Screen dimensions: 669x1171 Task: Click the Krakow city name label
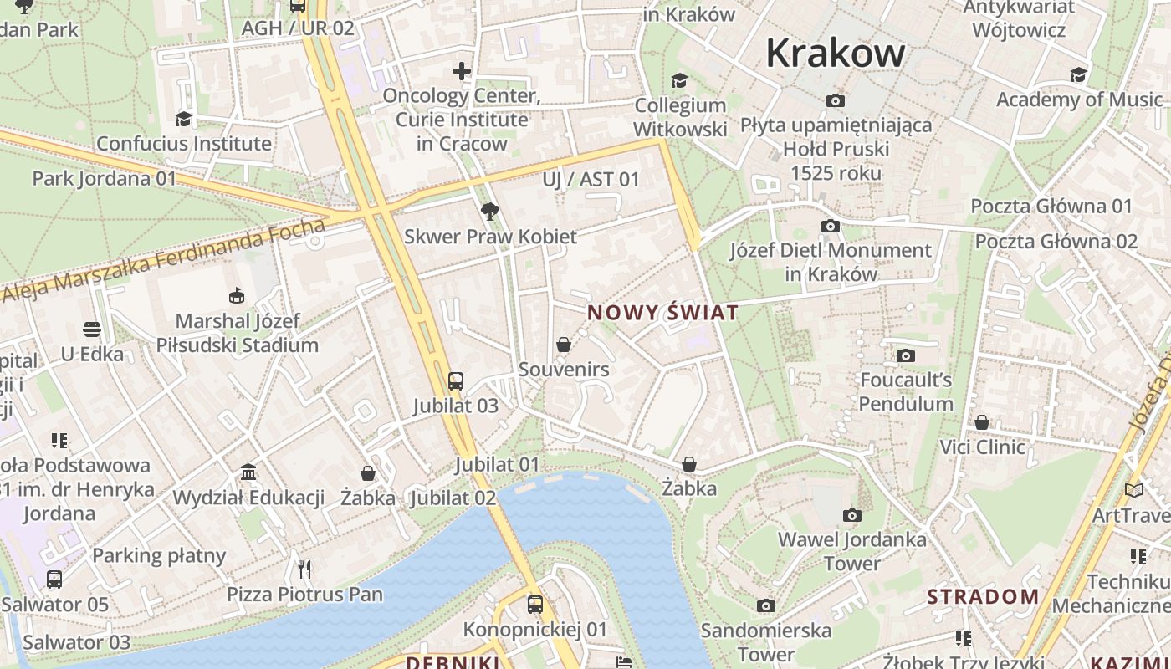click(x=835, y=54)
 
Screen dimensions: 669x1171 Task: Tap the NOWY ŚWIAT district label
click(x=662, y=313)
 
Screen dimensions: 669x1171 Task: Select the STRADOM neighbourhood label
click(x=983, y=597)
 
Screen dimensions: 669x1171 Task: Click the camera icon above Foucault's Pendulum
click(x=905, y=356)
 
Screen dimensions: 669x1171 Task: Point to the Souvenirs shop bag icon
click(x=564, y=345)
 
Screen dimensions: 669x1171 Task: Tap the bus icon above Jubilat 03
click(x=455, y=381)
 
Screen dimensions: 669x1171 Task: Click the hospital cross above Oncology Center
click(x=462, y=71)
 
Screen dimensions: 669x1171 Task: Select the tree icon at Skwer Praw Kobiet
click(x=490, y=212)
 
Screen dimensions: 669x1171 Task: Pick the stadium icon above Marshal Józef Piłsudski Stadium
click(x=237, y=295)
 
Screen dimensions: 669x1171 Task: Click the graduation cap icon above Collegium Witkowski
click(x=679, y=80)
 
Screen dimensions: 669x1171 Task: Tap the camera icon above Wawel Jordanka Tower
click(x=851, y=515)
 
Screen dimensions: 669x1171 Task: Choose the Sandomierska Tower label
click(x=766, y=641)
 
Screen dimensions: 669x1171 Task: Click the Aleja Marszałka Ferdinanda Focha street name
click(x=163, y=259)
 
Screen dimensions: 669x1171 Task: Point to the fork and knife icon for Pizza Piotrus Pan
click(x=304, y=569)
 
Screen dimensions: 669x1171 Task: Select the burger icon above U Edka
click(x=92, y=329)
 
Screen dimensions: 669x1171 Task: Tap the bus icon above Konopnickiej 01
click(x=535, y=604)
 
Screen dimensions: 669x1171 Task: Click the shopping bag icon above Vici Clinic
click(x=982, y=422)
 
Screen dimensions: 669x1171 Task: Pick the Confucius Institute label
click(x=184, y=143)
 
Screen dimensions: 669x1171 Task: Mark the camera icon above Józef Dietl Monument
click(x=830, y=226)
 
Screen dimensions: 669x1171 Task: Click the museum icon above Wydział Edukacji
click(x=248, y=472)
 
